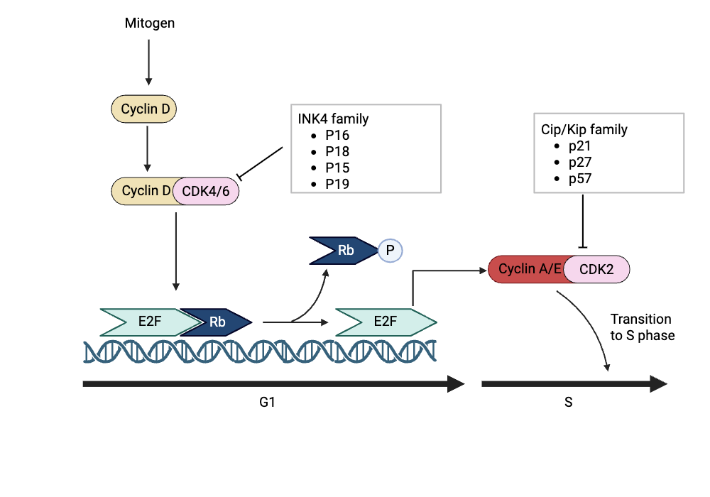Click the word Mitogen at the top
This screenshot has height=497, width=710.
pos(150,23)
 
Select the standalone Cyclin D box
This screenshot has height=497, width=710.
pos(145,109)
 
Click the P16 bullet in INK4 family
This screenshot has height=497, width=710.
pos(337,135)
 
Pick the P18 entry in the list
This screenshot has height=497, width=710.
pos(337,151)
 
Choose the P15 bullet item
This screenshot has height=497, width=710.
pos(337,168)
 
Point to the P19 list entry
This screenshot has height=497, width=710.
pos(337,184)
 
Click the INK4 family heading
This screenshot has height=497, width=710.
pos(334,119)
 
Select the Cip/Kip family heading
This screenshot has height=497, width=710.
pos(580,129)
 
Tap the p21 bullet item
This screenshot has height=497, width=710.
pos(580,146)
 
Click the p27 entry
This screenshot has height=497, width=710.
pos(580,162)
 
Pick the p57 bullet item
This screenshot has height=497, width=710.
pos(580,178)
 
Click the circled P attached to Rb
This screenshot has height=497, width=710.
pos(389,250)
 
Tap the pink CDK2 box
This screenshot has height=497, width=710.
pos(596,269)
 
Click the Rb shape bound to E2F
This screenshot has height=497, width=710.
pos(217,322)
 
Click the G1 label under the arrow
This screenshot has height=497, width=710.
pos(267,403)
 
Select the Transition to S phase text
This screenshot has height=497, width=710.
pos(642,327)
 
